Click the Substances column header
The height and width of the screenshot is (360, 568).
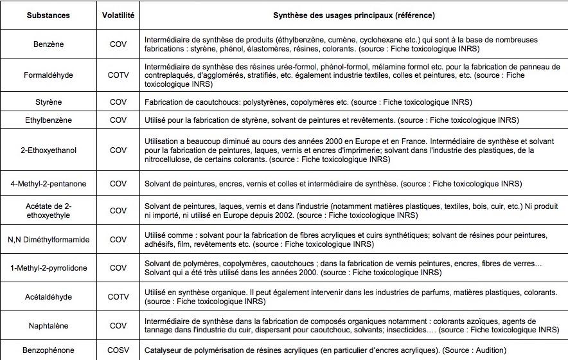click(x=48, y=14)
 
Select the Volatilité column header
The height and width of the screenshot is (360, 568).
click(x=118, y=14)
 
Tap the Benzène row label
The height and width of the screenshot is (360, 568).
click(x=48, y=44)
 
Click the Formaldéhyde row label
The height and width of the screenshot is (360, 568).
click(x=48, y=75)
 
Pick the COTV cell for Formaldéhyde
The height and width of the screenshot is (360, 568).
click(x=118, y=75)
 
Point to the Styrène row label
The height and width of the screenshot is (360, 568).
click(x=48, y=102)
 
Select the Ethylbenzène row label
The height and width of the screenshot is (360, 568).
click(x=48, y=120)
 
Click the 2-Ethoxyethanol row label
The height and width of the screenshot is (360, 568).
click(x=48, y=150)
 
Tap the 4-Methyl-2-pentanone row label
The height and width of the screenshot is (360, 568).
click(x=48, y=184)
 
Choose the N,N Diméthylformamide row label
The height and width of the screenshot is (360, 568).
click(x=48, y=240)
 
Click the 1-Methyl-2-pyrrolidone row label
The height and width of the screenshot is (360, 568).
click(x=48, y=267)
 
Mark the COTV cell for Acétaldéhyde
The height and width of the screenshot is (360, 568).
click(x=118, y=297)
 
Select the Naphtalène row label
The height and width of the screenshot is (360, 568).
click(x=48, y=326)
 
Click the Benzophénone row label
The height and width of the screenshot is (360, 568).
click(x=48, y=350)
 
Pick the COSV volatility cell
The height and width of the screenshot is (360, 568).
click(x=118, y=350)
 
